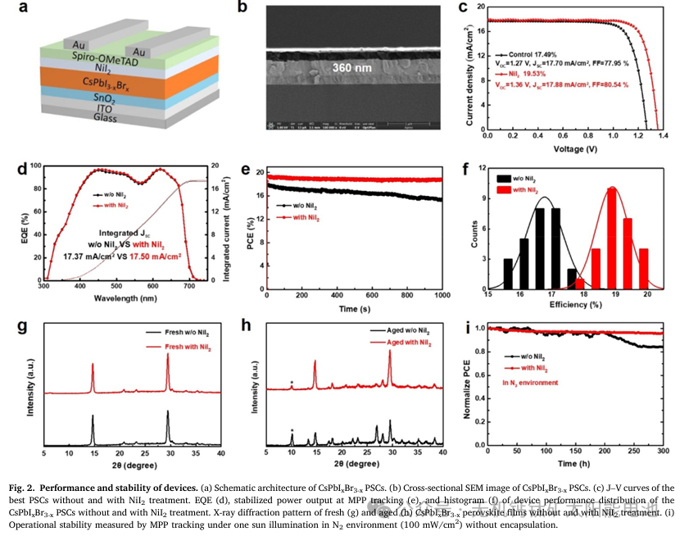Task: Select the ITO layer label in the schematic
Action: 105,108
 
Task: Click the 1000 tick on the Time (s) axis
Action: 442,296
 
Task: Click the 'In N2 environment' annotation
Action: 530,383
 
